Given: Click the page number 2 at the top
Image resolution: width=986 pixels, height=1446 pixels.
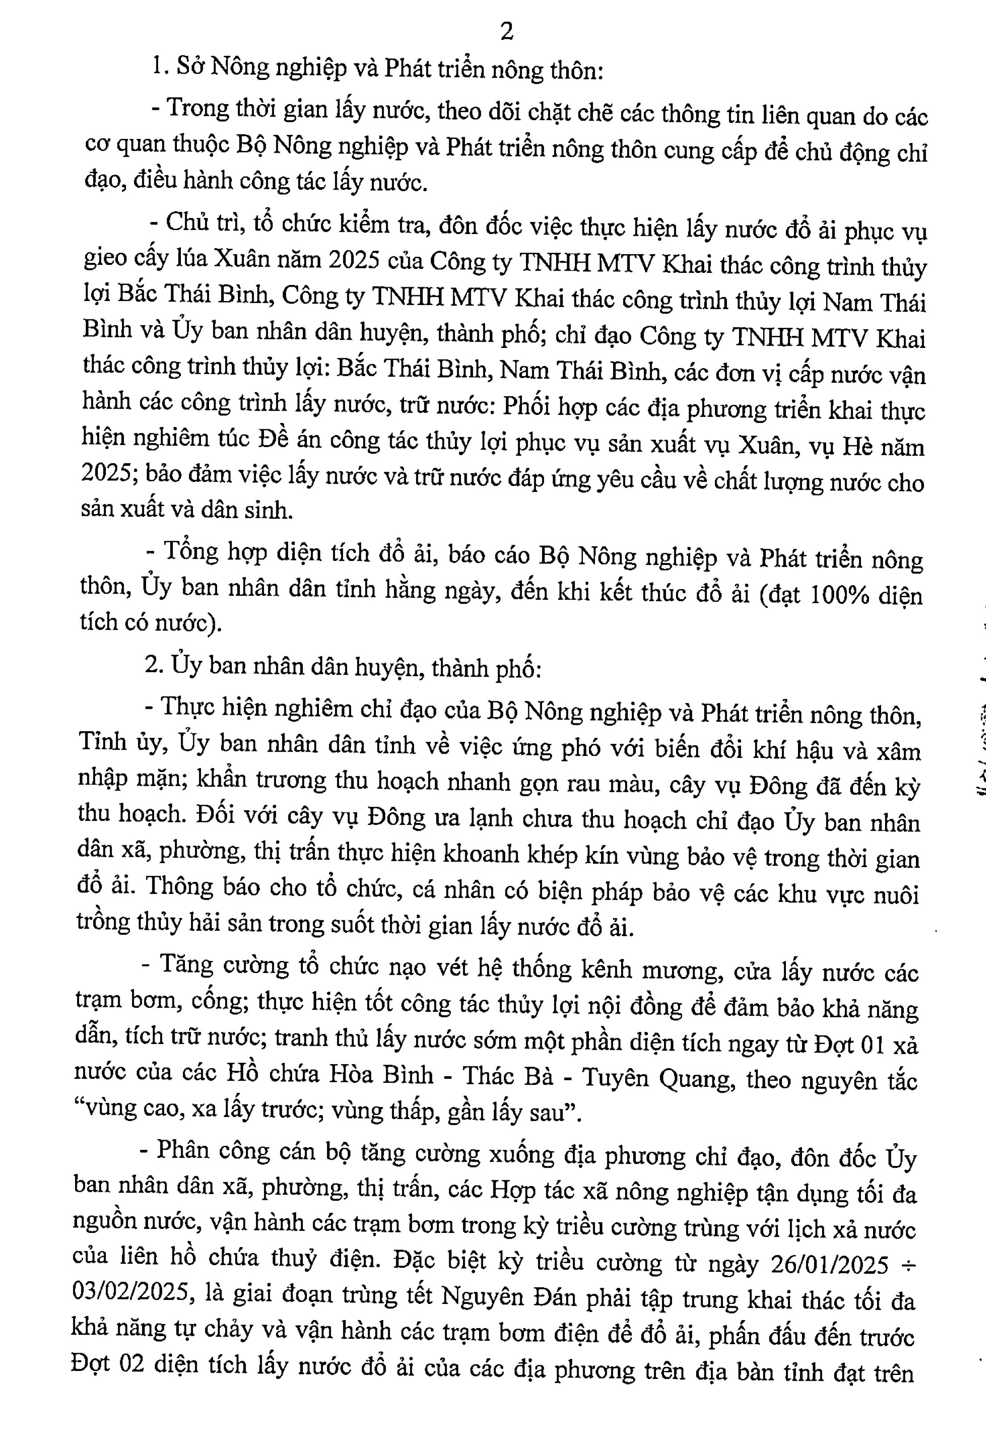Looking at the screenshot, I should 507,32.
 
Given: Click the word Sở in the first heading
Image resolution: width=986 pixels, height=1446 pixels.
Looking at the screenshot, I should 189,67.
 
